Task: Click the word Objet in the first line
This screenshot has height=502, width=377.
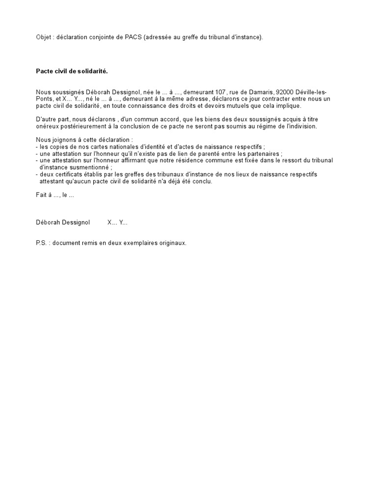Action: [44, 37]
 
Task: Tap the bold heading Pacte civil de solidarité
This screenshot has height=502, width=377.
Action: [72, 71]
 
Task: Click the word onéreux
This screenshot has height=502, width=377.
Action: [47, 126]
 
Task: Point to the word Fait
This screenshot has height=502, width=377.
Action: [41, 195]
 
